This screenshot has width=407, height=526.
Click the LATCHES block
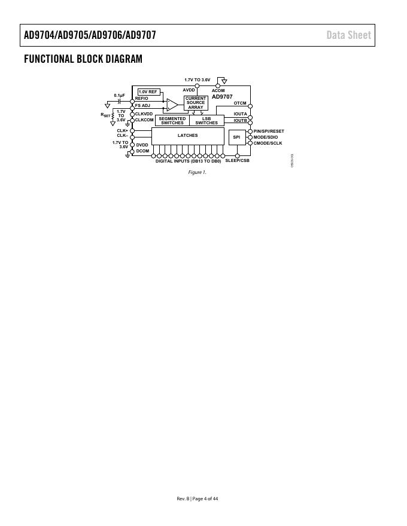tap(187, 136)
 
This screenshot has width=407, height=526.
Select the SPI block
tap(236, 137)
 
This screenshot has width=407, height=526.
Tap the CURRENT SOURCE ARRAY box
tap(196, 102)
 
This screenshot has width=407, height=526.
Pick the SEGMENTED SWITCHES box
tap(172, 121)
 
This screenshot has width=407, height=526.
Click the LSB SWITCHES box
tap(206, 121)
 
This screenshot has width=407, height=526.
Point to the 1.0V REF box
tap(148, 91)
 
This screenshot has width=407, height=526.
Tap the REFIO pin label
tap(142, 98)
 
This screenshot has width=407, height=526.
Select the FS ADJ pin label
tap(142, 105)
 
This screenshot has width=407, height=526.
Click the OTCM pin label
tap(239, 103)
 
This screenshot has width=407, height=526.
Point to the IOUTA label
tap(240, 114)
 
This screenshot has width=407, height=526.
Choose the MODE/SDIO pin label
tap(266, 137)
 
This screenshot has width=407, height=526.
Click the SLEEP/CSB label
tap(237, 161)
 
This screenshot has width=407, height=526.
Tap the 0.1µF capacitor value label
tap(120, 95)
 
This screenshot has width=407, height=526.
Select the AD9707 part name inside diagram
tap(222, 96)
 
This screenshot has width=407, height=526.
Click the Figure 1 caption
tap(197, 172)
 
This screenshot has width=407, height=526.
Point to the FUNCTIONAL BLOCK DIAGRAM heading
tap(83, 59)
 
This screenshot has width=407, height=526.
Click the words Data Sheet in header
tap(348, 35)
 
